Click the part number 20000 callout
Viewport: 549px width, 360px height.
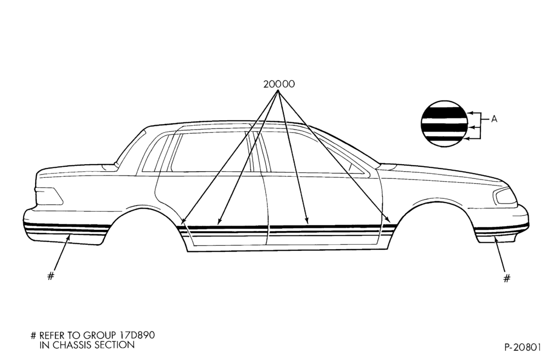tap(279, 84)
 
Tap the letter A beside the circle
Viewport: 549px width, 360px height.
tap(494, 119)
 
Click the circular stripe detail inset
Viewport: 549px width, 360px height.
tap(444, 124)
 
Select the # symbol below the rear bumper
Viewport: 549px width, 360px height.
tap(51, 276)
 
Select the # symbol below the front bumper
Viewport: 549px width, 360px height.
tap(507, 278)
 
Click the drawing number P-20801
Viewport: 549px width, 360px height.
tap(523, 347)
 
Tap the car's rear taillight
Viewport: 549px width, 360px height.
tap(49, 195)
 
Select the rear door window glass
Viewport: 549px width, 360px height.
tap(210, 151)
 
